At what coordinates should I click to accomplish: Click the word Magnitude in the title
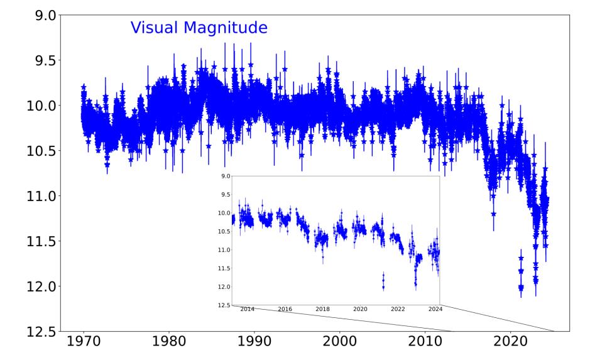coord(231,28)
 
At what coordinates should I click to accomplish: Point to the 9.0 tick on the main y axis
coord(37,14)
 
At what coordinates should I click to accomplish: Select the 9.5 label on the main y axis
coord(37,60)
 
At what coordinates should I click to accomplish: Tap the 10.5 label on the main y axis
coord(33,151)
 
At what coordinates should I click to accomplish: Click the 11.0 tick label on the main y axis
coord(33,196)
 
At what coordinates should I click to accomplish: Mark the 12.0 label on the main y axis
coord(33,286)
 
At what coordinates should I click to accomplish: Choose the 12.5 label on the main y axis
coord(33,332)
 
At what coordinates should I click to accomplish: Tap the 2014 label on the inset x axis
coord(248,310)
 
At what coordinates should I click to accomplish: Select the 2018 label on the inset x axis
coord(322,310)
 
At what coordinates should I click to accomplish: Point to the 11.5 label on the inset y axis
coord(224,269)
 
